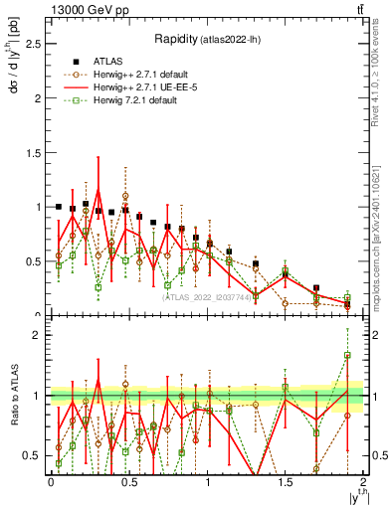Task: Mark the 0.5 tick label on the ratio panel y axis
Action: [x=35, y=455]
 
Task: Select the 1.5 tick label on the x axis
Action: [x=285, y=482]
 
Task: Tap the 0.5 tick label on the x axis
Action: [x=128, y=482]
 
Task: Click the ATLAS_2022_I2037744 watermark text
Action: [x=206, y=297]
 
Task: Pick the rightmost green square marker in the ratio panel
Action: [x=347, y=355]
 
